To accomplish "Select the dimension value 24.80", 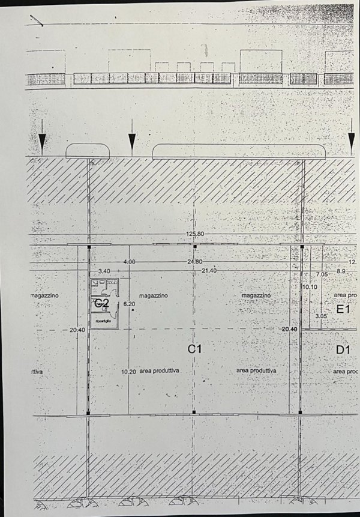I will tap(194, 262).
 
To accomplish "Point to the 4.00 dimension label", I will tap(129, 262).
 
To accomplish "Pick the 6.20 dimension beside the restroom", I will tap(130, 305).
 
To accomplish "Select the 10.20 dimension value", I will tap(128, 372).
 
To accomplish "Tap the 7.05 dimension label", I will tap(323, 274).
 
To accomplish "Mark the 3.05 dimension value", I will tap(321, 315).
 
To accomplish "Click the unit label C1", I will tap(193, 348).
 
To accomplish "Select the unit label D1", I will tap(343, 349).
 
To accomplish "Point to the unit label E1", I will tap(343, 309).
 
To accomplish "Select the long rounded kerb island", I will tap(239, 151).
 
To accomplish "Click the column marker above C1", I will tap(194, 246).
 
